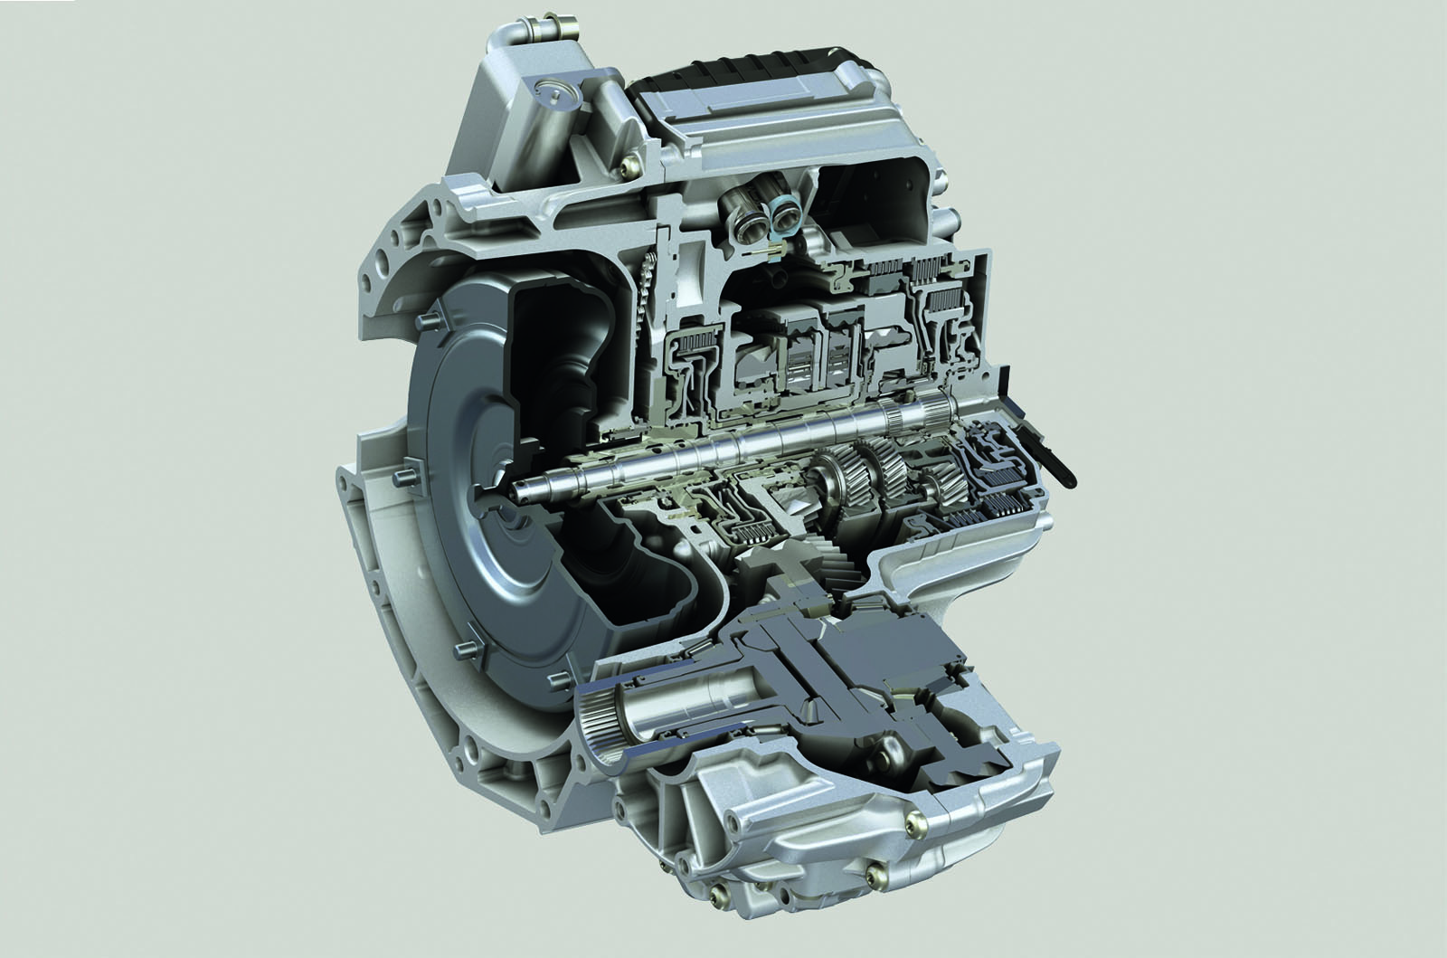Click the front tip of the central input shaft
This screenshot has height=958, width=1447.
pyautogui.click(x=519, y=494)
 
